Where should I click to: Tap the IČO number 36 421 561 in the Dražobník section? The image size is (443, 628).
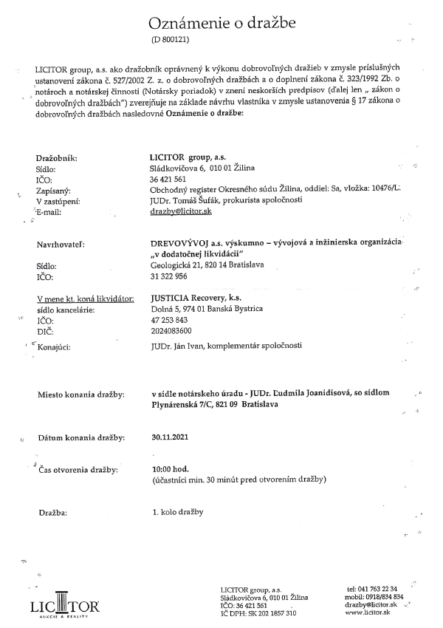168,179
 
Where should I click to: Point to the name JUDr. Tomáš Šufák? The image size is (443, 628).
181,200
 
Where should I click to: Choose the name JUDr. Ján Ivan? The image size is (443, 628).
178,345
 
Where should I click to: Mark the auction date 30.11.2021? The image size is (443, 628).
170,437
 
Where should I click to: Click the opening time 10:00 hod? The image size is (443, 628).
171,469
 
